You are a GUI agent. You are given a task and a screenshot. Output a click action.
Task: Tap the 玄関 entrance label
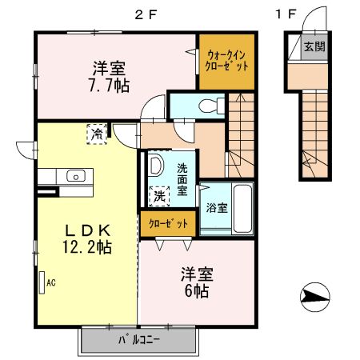314,46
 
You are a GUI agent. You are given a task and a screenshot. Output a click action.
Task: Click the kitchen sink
76,176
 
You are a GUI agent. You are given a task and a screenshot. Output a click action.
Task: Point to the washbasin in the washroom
156,167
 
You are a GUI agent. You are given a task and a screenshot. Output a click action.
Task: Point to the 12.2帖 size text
86,248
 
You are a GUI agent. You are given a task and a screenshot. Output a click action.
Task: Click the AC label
50,282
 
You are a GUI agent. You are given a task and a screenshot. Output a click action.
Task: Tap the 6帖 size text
195,291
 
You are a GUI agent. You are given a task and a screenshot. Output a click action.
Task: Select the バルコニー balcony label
140,340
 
